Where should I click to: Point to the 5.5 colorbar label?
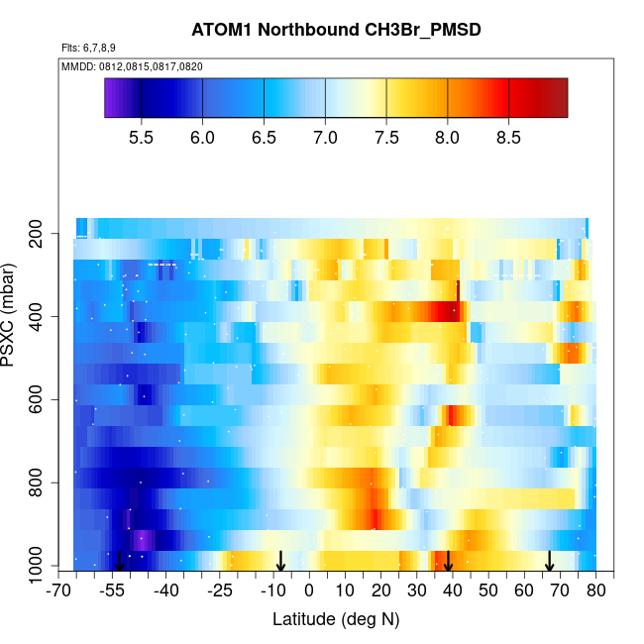coord(142,138)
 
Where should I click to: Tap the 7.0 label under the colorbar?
coord(325,138)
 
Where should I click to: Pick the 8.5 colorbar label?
coord(508,138)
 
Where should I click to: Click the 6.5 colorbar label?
coord(264,138)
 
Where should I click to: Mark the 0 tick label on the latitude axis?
coord(309,591)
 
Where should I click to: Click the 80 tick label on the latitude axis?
coord(595,591)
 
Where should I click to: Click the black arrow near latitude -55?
coord(119,562)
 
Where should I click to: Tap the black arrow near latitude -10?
coord(280,562)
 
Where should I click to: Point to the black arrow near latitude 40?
coord(449,562)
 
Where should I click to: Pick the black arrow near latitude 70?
coord(549,562)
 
